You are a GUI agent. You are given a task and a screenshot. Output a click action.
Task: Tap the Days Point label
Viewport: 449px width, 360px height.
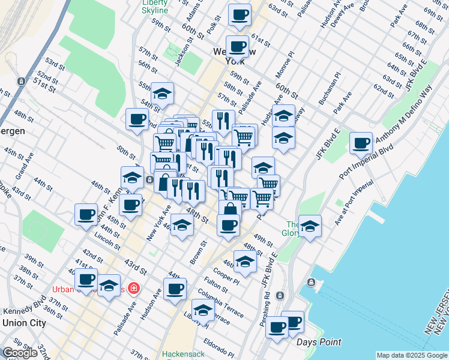318,341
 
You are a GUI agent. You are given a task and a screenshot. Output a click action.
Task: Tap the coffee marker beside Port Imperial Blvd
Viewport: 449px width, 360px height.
361,143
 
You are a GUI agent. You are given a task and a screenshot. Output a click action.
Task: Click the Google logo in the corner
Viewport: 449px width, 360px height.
20,353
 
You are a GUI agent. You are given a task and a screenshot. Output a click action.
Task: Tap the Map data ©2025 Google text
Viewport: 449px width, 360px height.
411,355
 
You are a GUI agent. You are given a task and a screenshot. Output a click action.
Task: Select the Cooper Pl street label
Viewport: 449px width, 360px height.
226,275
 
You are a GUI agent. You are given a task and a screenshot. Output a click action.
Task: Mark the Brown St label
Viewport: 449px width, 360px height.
199,252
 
